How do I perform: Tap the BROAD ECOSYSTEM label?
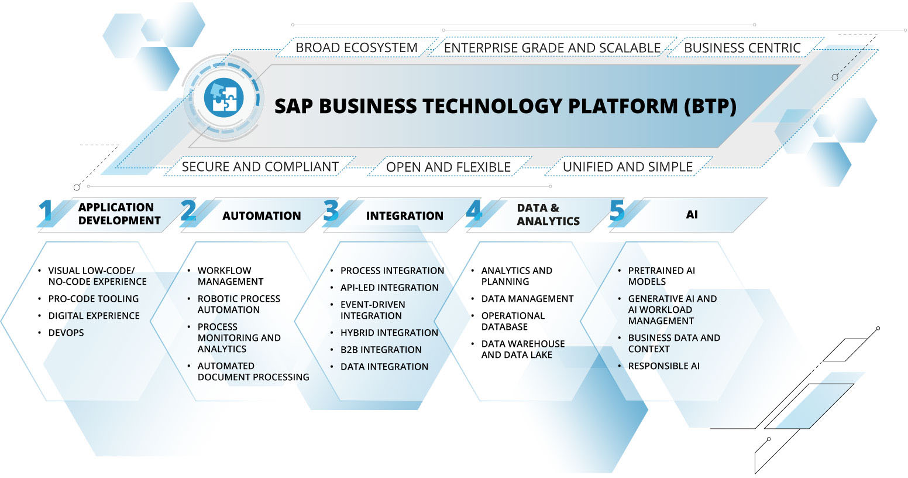[x=356, y=47]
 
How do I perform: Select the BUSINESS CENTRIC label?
[x=742, y=47]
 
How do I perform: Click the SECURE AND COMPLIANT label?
[x=260, y=166]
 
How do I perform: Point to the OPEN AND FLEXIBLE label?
[x=448, y=167]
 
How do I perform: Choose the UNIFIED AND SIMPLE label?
[x=627, y=166]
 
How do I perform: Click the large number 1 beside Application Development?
[x=46, y=212]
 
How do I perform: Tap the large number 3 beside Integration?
[x=331, y=211]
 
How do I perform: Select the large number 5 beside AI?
[x=617, y=211]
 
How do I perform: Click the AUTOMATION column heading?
[x=261, y=216]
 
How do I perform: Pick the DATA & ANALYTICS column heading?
[x=548, y=214]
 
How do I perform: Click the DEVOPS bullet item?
[x=66, y=333]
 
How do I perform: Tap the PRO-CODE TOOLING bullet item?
[x=94, y=299]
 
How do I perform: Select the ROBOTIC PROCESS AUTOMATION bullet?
[x=238, y=304]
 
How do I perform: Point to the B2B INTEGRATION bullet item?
[x=381, y=350]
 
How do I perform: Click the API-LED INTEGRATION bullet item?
[x=389, y=288]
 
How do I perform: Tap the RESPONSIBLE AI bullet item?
[x=663, y=366]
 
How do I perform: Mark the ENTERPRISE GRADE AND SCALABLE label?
[x=552, y=47]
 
